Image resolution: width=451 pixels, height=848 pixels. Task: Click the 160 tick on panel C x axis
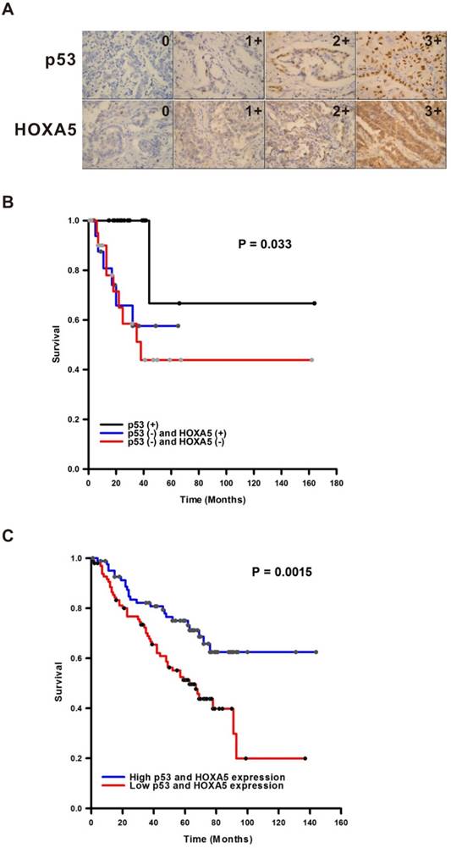pyautogui.click(x=339, y=822)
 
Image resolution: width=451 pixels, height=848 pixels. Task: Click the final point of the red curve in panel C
pyautogui.click(x=305, y=758)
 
